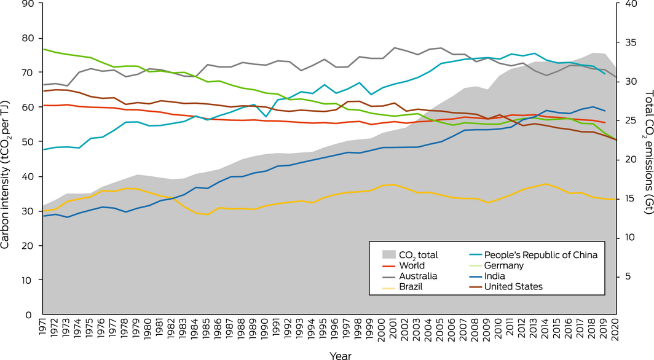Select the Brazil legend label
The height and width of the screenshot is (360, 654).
[x=412, y=286]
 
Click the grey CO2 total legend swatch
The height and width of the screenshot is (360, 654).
[x=388, y=254]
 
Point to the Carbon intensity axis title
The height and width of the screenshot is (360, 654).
[x=6, y=159]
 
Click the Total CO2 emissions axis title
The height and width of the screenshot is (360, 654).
[x=647, y=159]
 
